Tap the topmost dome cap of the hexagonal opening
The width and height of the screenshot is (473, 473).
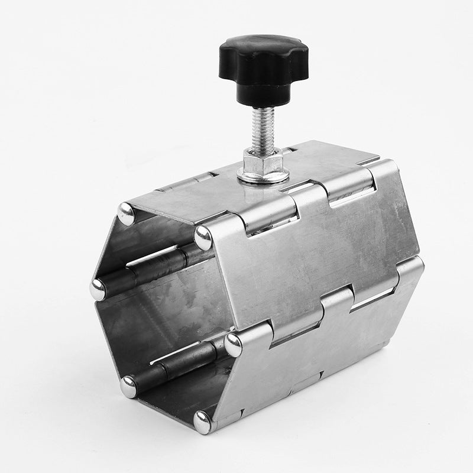126,213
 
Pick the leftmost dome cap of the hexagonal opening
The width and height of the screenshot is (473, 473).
98,289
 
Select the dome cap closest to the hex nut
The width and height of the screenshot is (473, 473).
203,237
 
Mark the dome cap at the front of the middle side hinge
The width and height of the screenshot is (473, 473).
234,344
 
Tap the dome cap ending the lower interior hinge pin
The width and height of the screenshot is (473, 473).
129,386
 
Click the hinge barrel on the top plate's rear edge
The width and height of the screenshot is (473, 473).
177,177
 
